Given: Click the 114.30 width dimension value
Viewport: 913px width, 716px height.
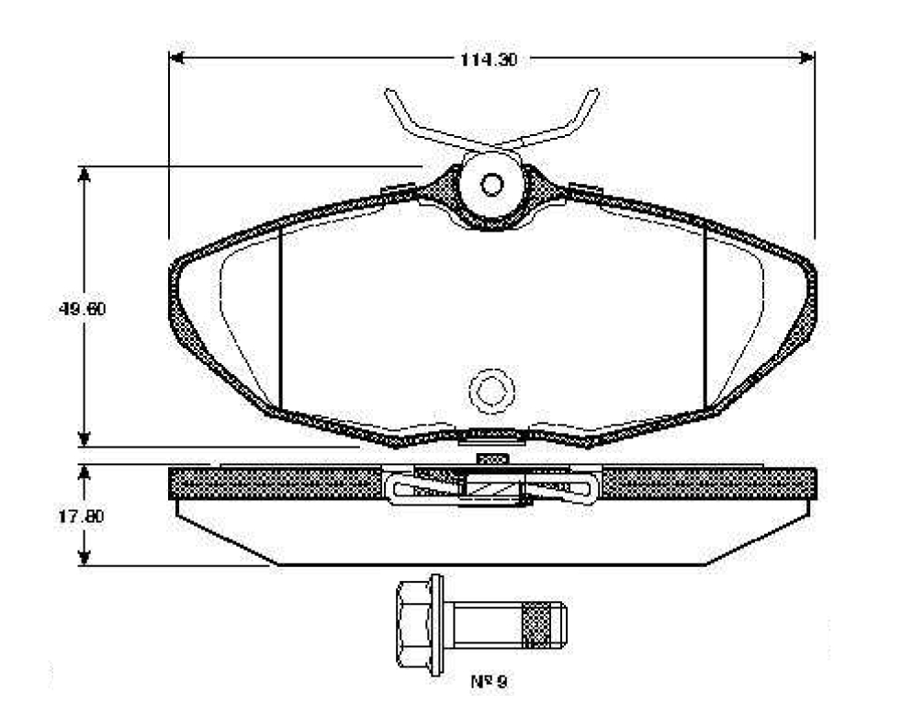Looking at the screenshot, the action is coord(489,60).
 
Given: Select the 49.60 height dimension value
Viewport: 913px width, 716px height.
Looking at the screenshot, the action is coord(83,308).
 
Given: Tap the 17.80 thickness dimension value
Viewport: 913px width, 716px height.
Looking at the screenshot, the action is coord(81,517).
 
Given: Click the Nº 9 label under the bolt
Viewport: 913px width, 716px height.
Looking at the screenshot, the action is coord(489,681).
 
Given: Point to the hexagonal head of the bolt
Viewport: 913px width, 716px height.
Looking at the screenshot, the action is coord(413,624).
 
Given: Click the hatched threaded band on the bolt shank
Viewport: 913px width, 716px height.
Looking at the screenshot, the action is coord(535,625).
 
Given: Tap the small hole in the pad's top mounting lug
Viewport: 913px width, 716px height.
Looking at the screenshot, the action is coord(492,185).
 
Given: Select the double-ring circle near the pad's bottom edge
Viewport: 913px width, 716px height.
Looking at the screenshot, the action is coord(492,391).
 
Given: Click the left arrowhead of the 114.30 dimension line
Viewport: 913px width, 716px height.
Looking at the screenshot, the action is coord(176,58).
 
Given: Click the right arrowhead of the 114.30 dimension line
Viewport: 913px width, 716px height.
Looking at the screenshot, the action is coord(807,57).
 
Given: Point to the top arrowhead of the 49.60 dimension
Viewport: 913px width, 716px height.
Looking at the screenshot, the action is coord(85,175).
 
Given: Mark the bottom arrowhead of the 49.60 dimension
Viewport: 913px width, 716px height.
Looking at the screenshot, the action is coord(85,439).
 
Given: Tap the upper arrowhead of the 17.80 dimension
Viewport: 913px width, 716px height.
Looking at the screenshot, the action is coord(85,472).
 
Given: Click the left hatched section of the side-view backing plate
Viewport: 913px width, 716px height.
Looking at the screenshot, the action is coord(276,483).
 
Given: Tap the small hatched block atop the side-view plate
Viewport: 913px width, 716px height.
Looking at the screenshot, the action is coord(492,459).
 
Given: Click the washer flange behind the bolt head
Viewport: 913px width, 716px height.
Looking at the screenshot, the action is coord(436,624).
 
